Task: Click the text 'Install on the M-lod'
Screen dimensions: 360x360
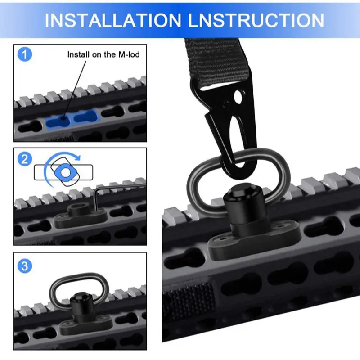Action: pos(103,55)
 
